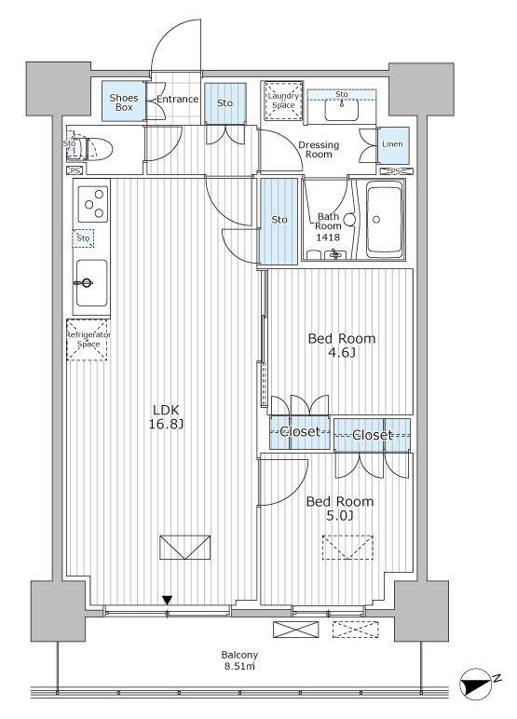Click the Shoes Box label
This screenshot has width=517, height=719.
click(123, 102)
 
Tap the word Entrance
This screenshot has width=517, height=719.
click(178, 99)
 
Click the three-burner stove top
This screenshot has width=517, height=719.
click(93, 204)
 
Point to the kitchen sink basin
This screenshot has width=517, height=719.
click(91, 283)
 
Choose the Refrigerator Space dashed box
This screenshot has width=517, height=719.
click(88, 340)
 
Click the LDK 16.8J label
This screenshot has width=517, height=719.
click(166, 417)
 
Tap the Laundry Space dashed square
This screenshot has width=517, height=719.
click(283, 101)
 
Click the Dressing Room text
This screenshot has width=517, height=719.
click(319, 150)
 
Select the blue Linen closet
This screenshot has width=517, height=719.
click(393, 145)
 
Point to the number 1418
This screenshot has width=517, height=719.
click(328, 237)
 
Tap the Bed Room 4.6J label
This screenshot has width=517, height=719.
click(341, 346)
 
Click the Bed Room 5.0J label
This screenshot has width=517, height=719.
click(340, 509)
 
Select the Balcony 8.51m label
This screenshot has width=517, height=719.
click(239, 660)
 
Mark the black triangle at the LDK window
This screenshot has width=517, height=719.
click(167, 600)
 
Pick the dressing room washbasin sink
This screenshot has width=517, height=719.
click(341, 109)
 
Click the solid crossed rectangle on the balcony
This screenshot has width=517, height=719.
click(295, 630)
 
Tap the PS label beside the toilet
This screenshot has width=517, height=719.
click(75, 171)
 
